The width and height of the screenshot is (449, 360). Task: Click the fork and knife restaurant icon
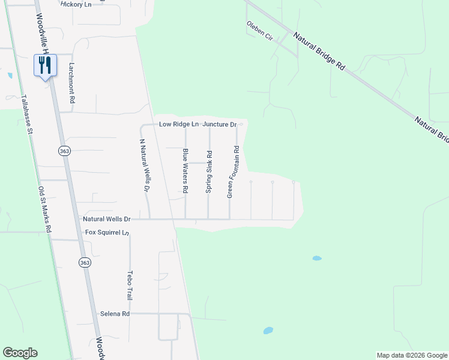point(46,65)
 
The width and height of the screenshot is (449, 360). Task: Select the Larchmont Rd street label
point(71,85)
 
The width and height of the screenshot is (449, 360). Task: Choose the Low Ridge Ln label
point(179,124)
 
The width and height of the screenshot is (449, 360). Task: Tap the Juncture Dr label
point(219,124)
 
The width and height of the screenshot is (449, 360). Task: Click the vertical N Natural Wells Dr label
point(144,166)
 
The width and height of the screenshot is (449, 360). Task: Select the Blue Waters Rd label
point(185,171)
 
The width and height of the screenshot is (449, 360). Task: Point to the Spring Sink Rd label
point(209,172)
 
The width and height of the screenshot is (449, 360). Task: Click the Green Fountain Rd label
point(233,172)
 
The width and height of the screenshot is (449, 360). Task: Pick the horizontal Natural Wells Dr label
point(106,220)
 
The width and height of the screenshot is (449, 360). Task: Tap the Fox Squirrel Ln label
point(107,232)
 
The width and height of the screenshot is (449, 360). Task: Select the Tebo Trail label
point(129,285)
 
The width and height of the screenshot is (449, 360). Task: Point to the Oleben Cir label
point(260,31)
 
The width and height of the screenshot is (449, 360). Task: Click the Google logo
point(20,353)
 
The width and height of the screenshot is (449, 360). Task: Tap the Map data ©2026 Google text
point(411,355)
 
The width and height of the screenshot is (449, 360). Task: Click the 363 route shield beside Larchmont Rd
point(65,151)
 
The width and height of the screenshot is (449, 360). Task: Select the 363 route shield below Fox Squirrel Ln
point(85,262)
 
